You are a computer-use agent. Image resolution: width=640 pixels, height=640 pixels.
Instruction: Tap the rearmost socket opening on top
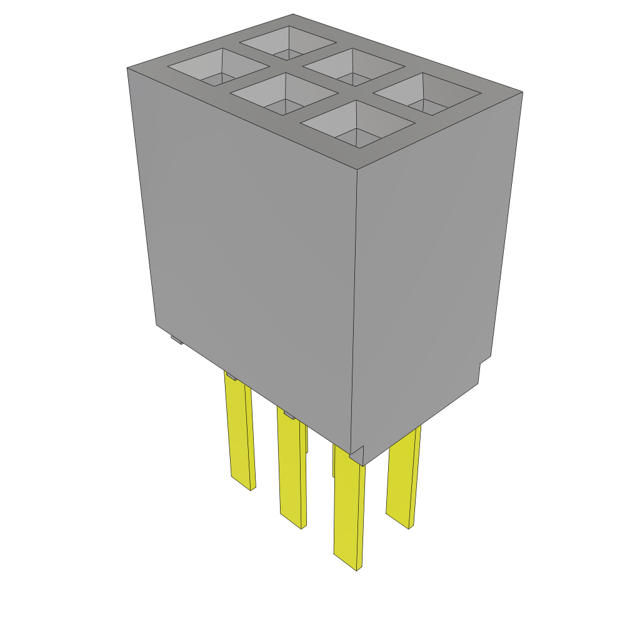pyautogui.click(x=288, y=43)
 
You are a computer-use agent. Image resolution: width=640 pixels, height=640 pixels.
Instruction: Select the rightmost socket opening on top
pyautogui.click(x=427, y=94)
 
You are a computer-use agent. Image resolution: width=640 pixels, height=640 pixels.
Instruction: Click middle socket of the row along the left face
pyautogui.click(x=285, y=94)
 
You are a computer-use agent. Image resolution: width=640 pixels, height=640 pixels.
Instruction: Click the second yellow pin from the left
pyautogui.click(x=292, y=469)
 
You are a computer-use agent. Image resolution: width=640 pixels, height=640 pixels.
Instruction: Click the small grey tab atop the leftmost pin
pyautogui.click(x=231, y=376)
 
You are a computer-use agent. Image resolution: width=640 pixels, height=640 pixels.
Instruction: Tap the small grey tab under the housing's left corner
pyautogui.click(x=177, y=340)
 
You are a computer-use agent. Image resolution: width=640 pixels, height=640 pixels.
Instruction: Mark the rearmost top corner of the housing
pyautogui.click(x=292, y=14)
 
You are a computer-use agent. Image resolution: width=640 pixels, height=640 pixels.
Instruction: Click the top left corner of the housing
pyautogui.click(x=127, y=67)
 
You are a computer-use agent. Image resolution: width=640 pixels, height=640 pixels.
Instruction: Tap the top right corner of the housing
pyautogui.click(x=522, y=92)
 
